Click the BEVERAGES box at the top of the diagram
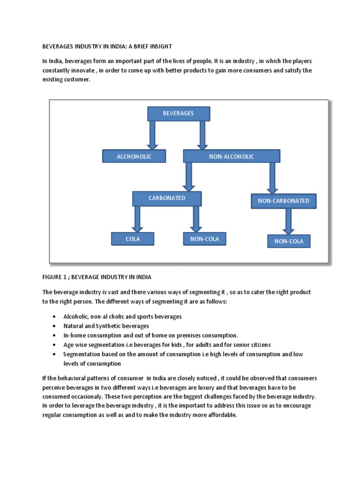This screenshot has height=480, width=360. tap(179, 113)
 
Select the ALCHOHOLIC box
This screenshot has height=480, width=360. tap(134, 157)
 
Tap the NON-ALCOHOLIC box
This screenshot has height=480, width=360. tap(231, 157)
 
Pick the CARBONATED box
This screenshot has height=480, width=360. tap(167, 198)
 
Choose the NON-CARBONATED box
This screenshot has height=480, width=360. tap(284, 201)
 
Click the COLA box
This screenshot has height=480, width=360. tap(133, 239)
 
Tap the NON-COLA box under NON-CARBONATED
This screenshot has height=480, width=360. tap(289, 241)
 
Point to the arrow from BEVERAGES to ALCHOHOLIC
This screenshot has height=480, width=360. tap(152, 135)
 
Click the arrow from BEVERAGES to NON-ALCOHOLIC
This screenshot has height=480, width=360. tap(202, 135)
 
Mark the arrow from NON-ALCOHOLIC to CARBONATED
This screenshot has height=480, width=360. tap(188, 176)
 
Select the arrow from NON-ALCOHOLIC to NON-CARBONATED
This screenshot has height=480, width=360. tap(272, 178)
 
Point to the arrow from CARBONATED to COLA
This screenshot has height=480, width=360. tap(137, 218)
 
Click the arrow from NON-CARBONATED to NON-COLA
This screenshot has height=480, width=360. tap(288, 221)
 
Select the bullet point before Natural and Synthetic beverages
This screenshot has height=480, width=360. tap(55, 326)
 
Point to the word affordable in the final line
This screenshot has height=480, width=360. tap(222, 415)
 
